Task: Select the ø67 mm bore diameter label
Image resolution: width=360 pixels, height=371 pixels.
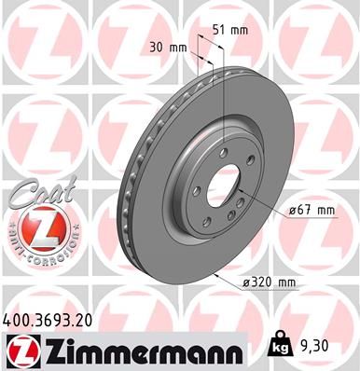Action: point(312,211)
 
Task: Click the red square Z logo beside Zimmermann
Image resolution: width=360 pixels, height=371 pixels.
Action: point(20,350)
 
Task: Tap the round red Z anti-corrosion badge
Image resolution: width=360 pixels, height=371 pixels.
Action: point(35,229)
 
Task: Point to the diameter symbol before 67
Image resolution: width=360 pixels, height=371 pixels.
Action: point(293,211)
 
